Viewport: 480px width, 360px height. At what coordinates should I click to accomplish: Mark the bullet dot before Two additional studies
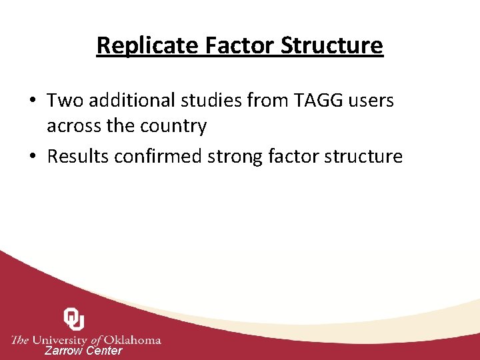point(33,101)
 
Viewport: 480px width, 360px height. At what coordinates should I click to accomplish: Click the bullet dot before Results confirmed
point(33,157)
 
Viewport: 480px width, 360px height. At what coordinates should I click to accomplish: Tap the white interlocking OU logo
point(73,319)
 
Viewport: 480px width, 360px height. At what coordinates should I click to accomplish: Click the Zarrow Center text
point(83,351)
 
